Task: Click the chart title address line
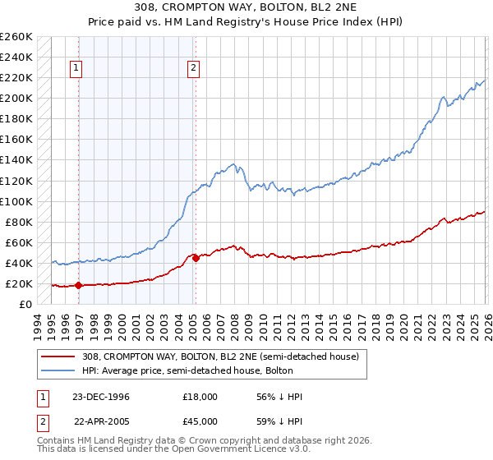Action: click(x=246, y=7)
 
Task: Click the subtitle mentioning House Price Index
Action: click(x=246, y=22)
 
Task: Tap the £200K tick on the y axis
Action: click(x=16, y=99)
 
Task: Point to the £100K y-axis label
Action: click(x=16, y=201)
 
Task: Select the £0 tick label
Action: click(x=25, y=305)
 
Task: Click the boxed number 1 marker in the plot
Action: click(x=76, y=69)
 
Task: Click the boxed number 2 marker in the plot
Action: click(x=193, y=69)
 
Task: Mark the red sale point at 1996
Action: click(x=79, y=286)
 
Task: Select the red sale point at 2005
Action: click(x=196, y=258)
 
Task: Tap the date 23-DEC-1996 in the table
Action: click(x=101, y=397)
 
